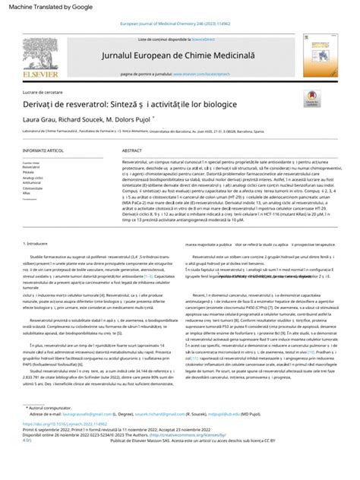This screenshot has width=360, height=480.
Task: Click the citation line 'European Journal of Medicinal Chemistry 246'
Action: coord(179,24)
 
